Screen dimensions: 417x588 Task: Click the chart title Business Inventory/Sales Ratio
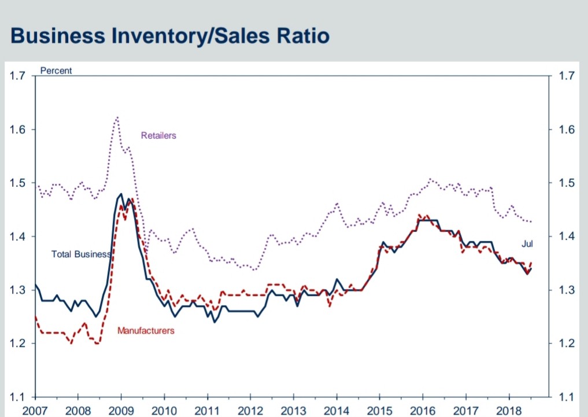click(170, 36)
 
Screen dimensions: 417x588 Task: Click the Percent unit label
click(56, 71)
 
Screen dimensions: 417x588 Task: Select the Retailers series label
click(158, 135)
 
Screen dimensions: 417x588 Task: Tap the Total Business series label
click(80, 254)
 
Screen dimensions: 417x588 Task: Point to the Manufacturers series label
click(146, 331)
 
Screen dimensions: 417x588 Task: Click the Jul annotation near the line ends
click(527, 244)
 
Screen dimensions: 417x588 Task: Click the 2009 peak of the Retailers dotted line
click(117, 117)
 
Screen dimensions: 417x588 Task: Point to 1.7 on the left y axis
click(18, 76)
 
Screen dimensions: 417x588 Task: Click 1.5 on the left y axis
click(18, 183)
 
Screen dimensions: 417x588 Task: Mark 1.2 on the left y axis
click(18, 344)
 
